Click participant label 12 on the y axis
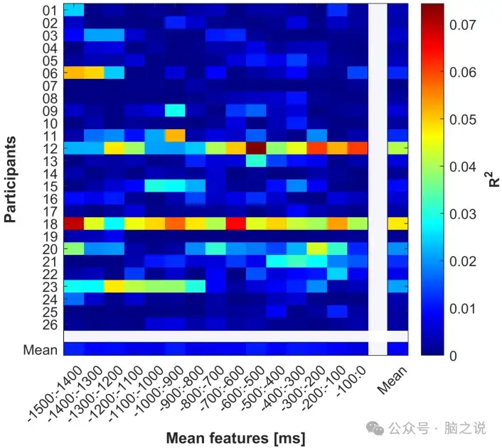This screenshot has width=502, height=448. (50, 148)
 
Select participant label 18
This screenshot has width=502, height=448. (50, 224)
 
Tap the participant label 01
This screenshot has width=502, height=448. (50, 11)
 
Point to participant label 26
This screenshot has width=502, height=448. (50, 324)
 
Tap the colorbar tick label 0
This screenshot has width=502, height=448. (452, 356)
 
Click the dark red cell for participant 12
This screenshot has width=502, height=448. (256, 148)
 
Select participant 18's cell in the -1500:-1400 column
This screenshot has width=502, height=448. (74, 224)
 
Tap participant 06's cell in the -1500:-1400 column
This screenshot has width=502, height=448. (74, 73)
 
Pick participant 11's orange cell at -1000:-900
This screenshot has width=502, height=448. (175, 136)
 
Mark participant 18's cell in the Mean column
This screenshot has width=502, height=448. (398, 224)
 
